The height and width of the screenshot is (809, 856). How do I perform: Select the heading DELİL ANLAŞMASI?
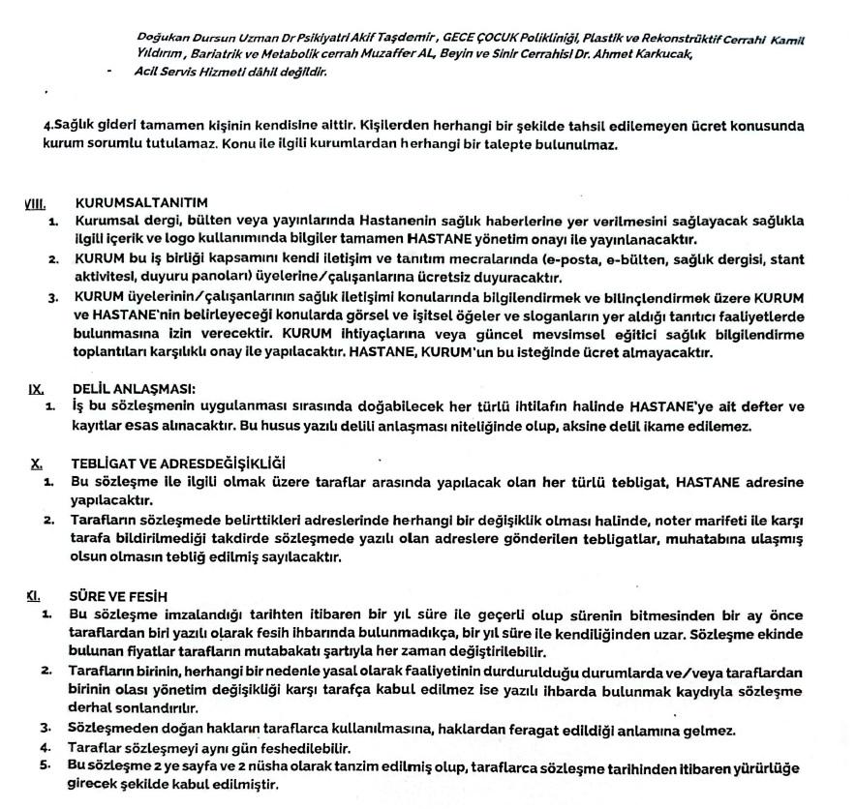tap(134, 389)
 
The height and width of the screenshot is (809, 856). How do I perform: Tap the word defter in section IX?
tap(755, 407)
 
